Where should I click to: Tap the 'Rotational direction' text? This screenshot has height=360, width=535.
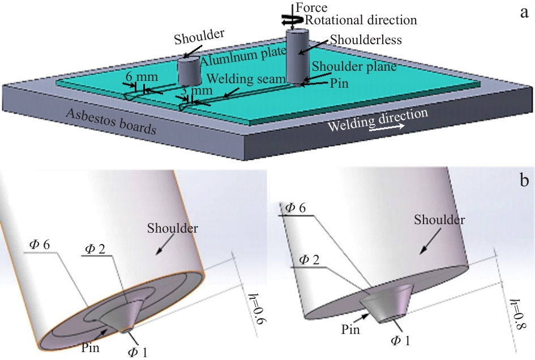pyautogui.click(x=361, y=20)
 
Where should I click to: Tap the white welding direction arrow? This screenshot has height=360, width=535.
pyautogui.click(x=387, y=127)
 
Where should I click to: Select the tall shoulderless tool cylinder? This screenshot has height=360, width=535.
pyautogui.click(x=297, y=55)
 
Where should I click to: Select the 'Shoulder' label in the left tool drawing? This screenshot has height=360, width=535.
pyautogui.click(x=172, y=229)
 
